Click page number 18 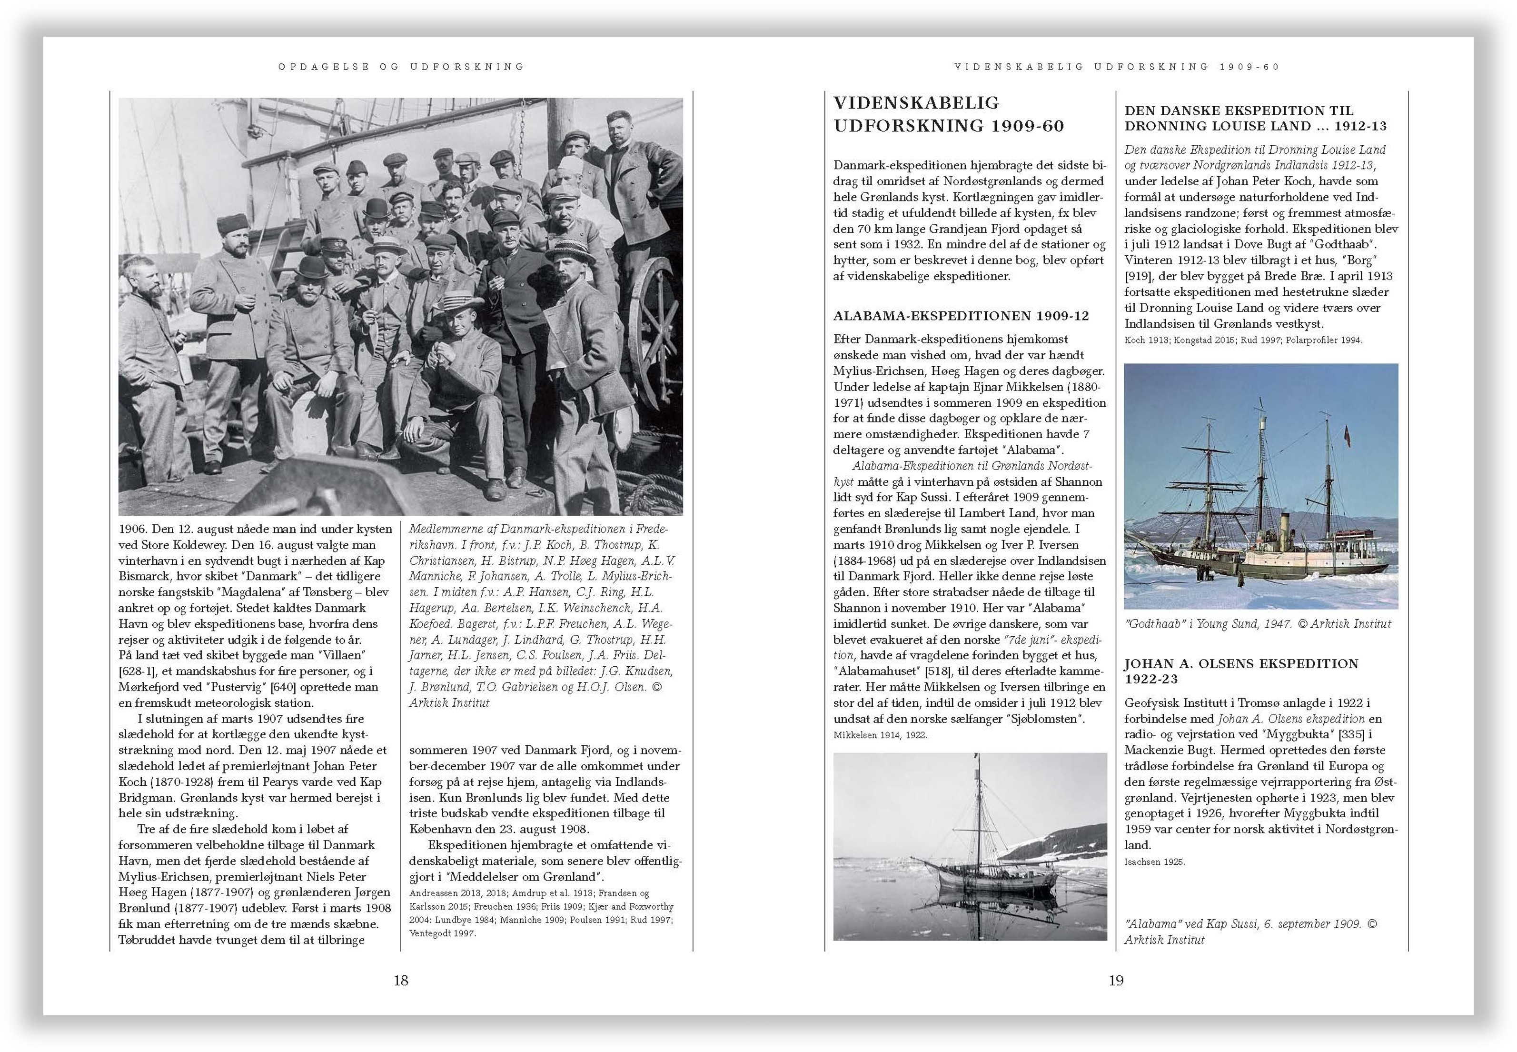click(400, 980)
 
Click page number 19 click(1116, 980)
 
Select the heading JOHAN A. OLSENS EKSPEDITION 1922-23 click(1241, 671)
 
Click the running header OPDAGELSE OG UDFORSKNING click(401, 67)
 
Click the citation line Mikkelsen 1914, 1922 click(880, 734)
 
